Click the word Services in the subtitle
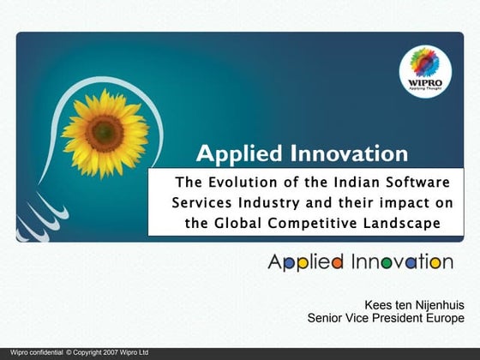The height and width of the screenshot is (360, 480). (x=201, y=202)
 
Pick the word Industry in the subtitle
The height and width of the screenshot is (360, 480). (x=271, y=202)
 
